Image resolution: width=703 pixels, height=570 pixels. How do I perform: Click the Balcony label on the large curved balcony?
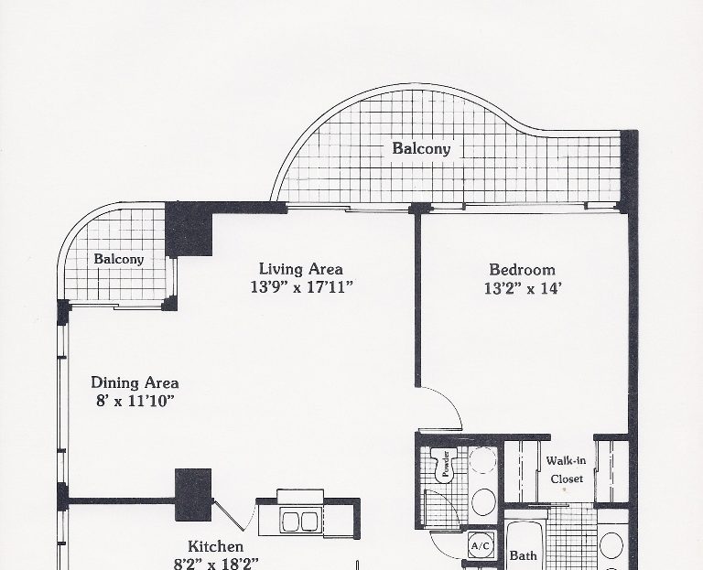pyautogui.click(x=421, y=148)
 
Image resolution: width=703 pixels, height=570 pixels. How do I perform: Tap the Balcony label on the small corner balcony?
pyautogui.click(x=119, y=259)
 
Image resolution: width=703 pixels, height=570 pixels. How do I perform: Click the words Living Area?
pyautogui.click(x=301, y=269)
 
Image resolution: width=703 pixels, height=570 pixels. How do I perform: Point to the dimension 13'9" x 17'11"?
pyautogui.click(x=302, y=286)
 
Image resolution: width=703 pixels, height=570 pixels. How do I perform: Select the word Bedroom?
pyautogui.click(x=522, y=270)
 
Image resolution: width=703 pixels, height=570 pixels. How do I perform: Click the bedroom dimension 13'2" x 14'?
pyautogui.click(x=523, y=288)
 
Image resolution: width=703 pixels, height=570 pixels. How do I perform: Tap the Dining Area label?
pyautogui.click(x=135, y=382)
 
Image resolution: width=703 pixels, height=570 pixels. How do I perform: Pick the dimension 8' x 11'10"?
pyautogui.click(x=135, y=401)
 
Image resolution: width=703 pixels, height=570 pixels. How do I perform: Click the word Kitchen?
pyautogui.click(x=216, y=547)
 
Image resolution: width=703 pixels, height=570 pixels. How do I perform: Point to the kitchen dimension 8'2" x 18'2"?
pyautogui.click(x=216, y=564)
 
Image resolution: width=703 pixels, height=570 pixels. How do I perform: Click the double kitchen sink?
pyautogui.click(x=299, y=521)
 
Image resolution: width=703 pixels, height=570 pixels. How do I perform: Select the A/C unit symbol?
pyautogui.click(x=481, y=546)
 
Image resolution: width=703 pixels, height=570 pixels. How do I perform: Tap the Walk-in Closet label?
pyautogui.click(x=567, y=469)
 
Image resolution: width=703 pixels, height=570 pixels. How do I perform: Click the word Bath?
pyautogui.click(x=523, y=555)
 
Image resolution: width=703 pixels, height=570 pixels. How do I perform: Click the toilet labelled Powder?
pyautogui.click(x=444, y=465)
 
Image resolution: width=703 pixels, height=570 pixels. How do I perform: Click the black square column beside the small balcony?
pyautogui.click(x=189, y=229)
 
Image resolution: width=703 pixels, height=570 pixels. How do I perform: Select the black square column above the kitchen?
pyautogui.click(x=193, y=495)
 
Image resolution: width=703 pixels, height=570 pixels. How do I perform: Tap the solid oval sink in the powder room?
pyautogui.click(x=483, y=502)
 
